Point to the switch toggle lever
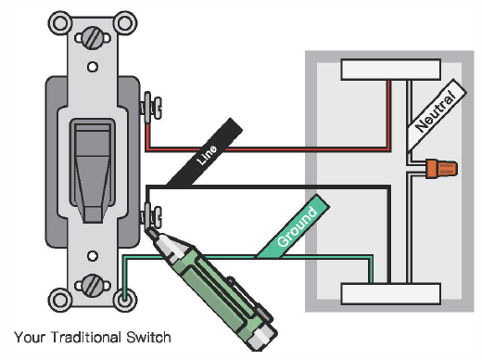coord(91,171)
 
